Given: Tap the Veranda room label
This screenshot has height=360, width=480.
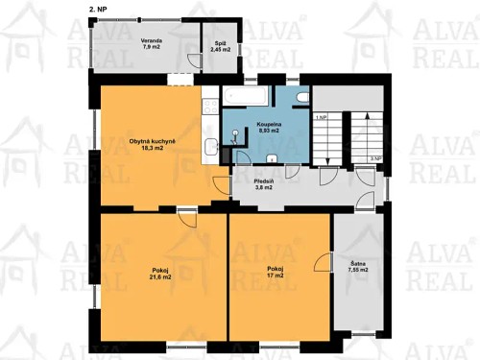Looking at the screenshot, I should [152, 43].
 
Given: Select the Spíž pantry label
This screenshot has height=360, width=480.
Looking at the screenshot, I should [220, 44].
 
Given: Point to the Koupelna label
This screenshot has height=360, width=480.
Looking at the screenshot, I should [268, 127].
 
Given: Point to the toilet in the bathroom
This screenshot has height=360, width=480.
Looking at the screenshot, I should [301, 98].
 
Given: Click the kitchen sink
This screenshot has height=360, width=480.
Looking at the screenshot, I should [210, 146].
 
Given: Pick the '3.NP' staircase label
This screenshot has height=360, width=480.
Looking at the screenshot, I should [375, 156].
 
